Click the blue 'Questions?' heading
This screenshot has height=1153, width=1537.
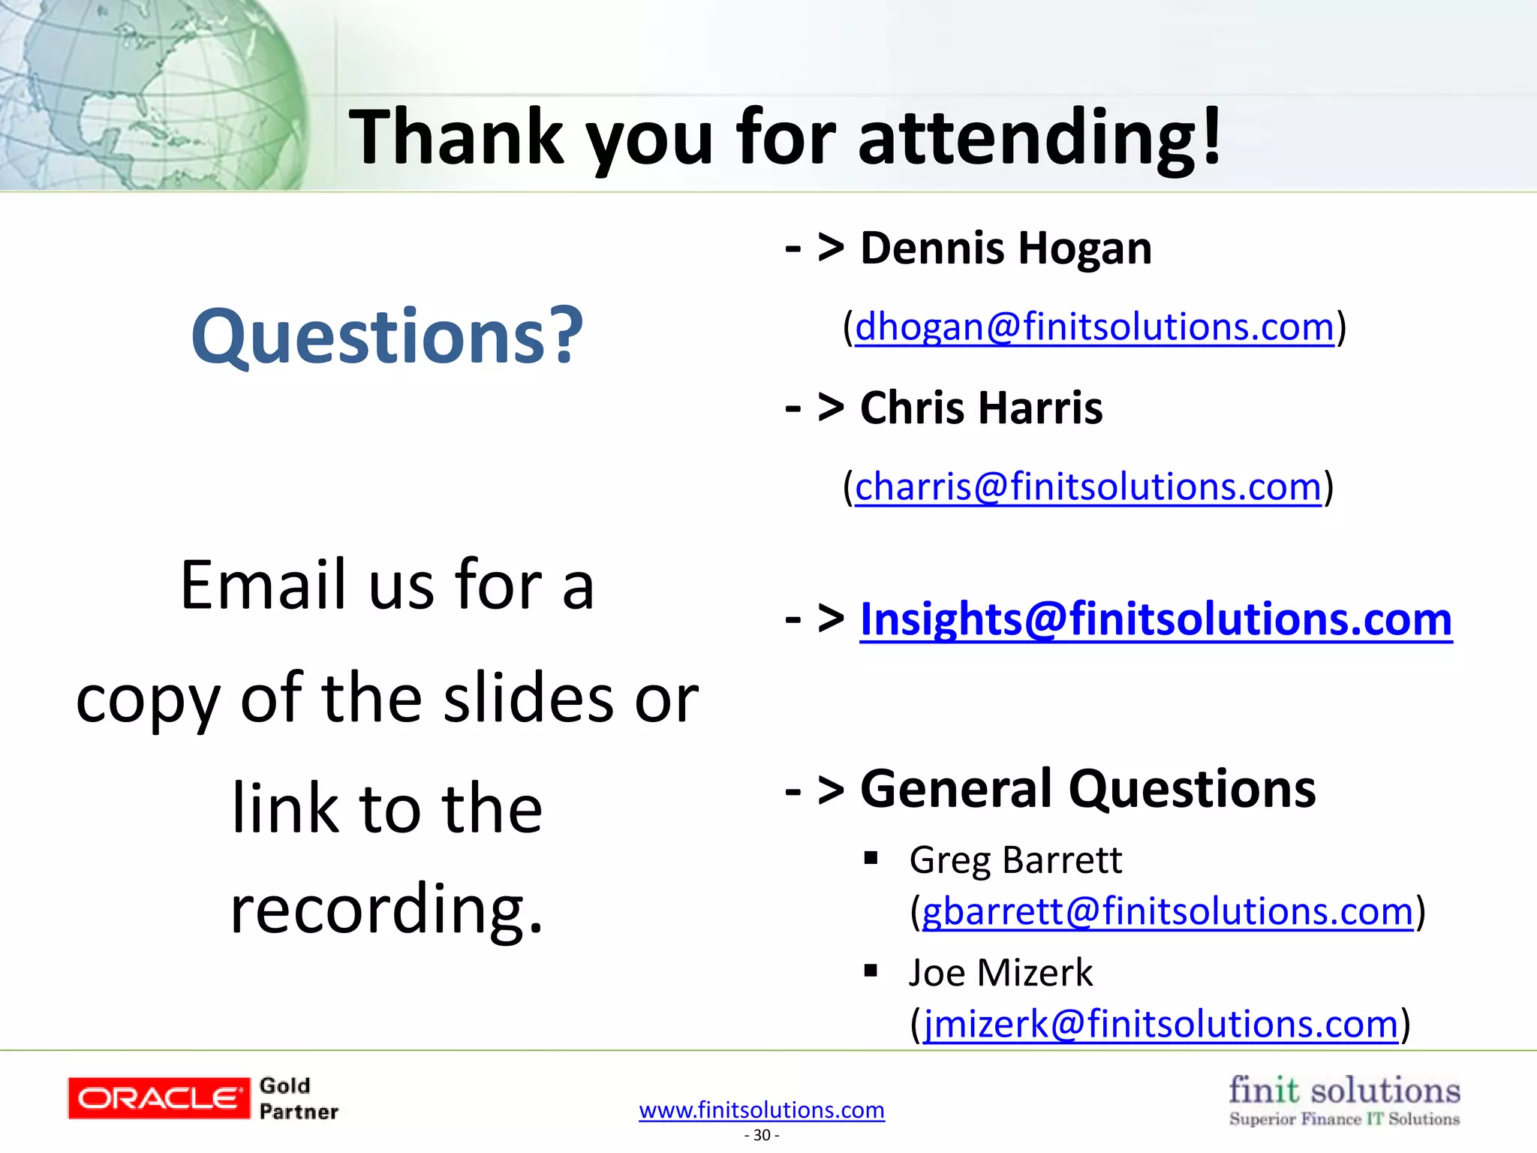pos(387,336)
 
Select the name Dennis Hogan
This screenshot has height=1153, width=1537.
pos(1005,248)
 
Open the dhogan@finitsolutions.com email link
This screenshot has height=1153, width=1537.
pos(1094,327)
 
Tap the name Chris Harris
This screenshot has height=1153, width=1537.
pos(981,408)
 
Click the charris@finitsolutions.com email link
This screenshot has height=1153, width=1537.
pos(1087,487)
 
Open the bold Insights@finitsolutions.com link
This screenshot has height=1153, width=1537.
pos(1156,620)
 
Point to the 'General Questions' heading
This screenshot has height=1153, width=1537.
pos(1087,789)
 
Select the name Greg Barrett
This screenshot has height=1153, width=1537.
pos(1015,860)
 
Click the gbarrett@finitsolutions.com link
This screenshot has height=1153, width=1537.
pos(1167,912)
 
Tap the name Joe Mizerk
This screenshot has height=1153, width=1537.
pos(1000,973)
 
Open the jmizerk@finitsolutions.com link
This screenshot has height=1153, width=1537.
pos(1160,1025)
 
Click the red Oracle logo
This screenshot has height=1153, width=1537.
pos(158,1098)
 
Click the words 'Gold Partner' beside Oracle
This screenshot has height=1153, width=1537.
pos(298,1098)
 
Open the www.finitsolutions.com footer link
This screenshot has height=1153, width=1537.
pos(762,1110)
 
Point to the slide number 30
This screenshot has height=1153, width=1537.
pos(762,1135)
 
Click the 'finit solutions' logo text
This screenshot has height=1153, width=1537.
pos(1344,1090)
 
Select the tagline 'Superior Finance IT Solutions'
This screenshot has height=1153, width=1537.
pos(1344,1119)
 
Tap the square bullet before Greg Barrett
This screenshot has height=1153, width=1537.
pos(871,858)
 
